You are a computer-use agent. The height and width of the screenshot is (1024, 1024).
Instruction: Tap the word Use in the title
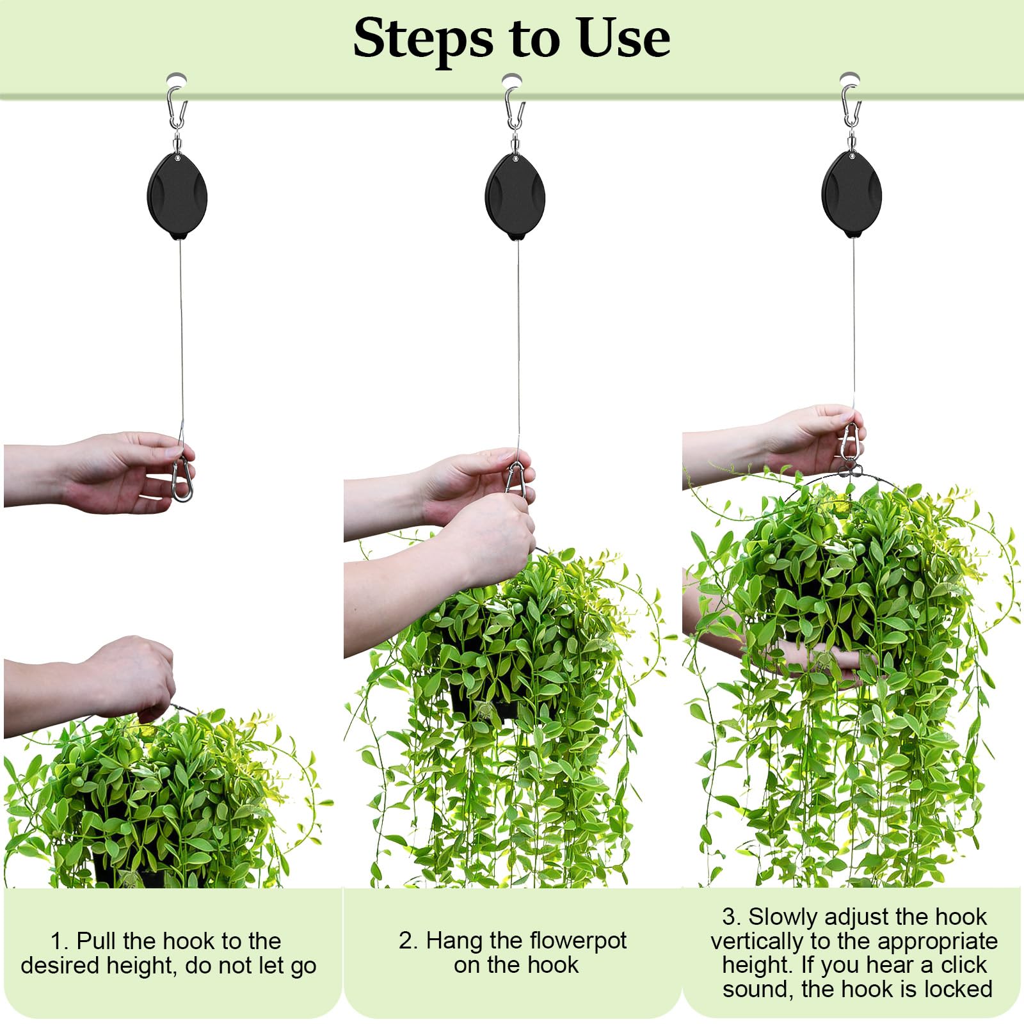pos(623,38)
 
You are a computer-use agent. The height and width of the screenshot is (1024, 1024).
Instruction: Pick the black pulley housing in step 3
pos(852,195)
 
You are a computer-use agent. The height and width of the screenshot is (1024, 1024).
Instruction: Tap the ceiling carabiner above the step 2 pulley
pos(515,109)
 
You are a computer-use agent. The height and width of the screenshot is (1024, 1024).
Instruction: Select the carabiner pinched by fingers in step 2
pos(518,479)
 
